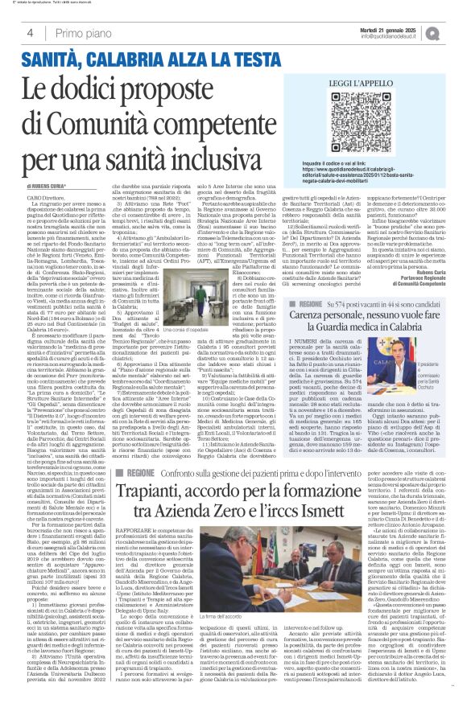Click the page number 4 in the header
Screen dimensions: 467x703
coord(30,33)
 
